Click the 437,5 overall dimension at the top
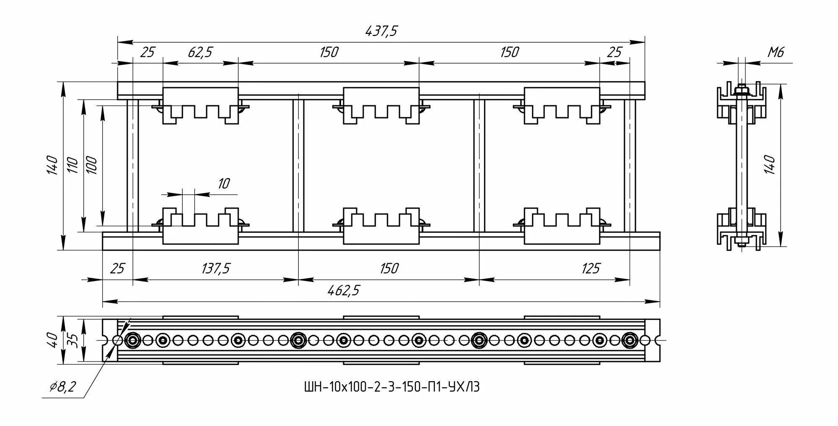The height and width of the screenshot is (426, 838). (x=381, y=31)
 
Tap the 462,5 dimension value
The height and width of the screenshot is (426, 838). (x=344, y=291)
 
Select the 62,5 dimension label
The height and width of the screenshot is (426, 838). (x=200, y=52)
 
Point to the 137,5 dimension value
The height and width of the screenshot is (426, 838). (x=216, y=268)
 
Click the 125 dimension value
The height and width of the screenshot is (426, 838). (x=590, y=268)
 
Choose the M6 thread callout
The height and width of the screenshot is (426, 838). (x=775, y=52)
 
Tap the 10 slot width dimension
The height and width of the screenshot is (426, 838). (x=224, y=183)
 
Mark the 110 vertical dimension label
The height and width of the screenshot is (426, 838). (x=72, y=165)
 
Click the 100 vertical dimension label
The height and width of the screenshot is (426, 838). (x=91, y=165)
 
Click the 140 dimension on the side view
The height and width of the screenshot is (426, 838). (x=770, y=164)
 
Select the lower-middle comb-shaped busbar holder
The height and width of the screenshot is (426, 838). (x=381, y=226)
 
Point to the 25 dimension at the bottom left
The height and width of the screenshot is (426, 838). (x=117, y=268)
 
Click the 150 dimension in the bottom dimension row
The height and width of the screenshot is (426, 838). (x=388, y=268)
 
